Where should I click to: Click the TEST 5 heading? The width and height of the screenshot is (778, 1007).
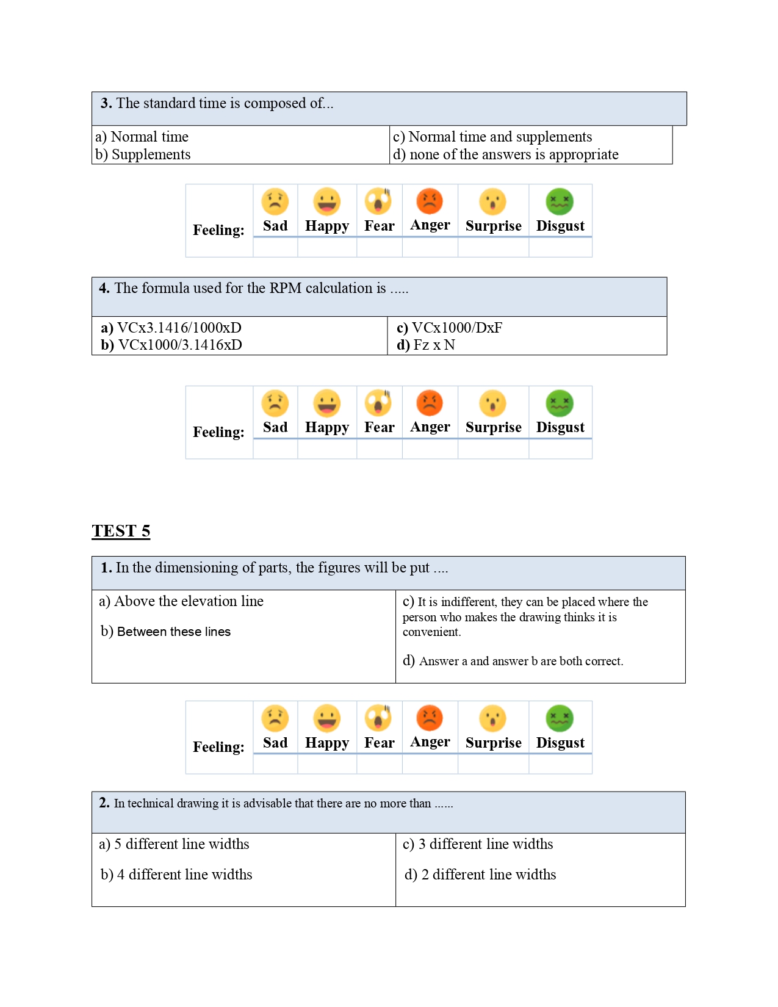point(121,531)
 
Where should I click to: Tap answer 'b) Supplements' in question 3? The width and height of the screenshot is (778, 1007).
point(143,154)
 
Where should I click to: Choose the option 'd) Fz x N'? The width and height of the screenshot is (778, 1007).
point(426,345)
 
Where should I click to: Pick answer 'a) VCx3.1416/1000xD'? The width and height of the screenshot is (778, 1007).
point(171,328)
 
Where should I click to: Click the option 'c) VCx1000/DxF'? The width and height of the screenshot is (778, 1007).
point(450,328)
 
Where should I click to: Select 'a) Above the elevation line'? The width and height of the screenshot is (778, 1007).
point(181,601)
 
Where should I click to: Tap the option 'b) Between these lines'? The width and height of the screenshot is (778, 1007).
point(166,632)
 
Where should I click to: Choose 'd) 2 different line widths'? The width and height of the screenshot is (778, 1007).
point(480,875)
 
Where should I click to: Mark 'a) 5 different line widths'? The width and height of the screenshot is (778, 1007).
point(174,844)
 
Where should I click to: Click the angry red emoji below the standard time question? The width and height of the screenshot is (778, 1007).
point(430,201)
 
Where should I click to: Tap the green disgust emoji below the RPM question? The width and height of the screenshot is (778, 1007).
point(560,403)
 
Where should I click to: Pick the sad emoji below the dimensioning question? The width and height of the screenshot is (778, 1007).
point(275,718)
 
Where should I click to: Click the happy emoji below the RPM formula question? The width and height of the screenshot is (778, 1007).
point(327,403)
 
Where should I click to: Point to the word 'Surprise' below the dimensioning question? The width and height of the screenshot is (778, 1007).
point(493,743)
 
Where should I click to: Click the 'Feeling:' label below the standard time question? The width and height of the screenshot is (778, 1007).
point(218,230)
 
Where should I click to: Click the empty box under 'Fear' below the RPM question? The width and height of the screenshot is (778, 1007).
point(380,449)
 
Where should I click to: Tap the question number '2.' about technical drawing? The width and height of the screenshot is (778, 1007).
point(104,803)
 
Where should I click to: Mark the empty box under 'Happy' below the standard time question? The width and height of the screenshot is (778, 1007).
point(327,247)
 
